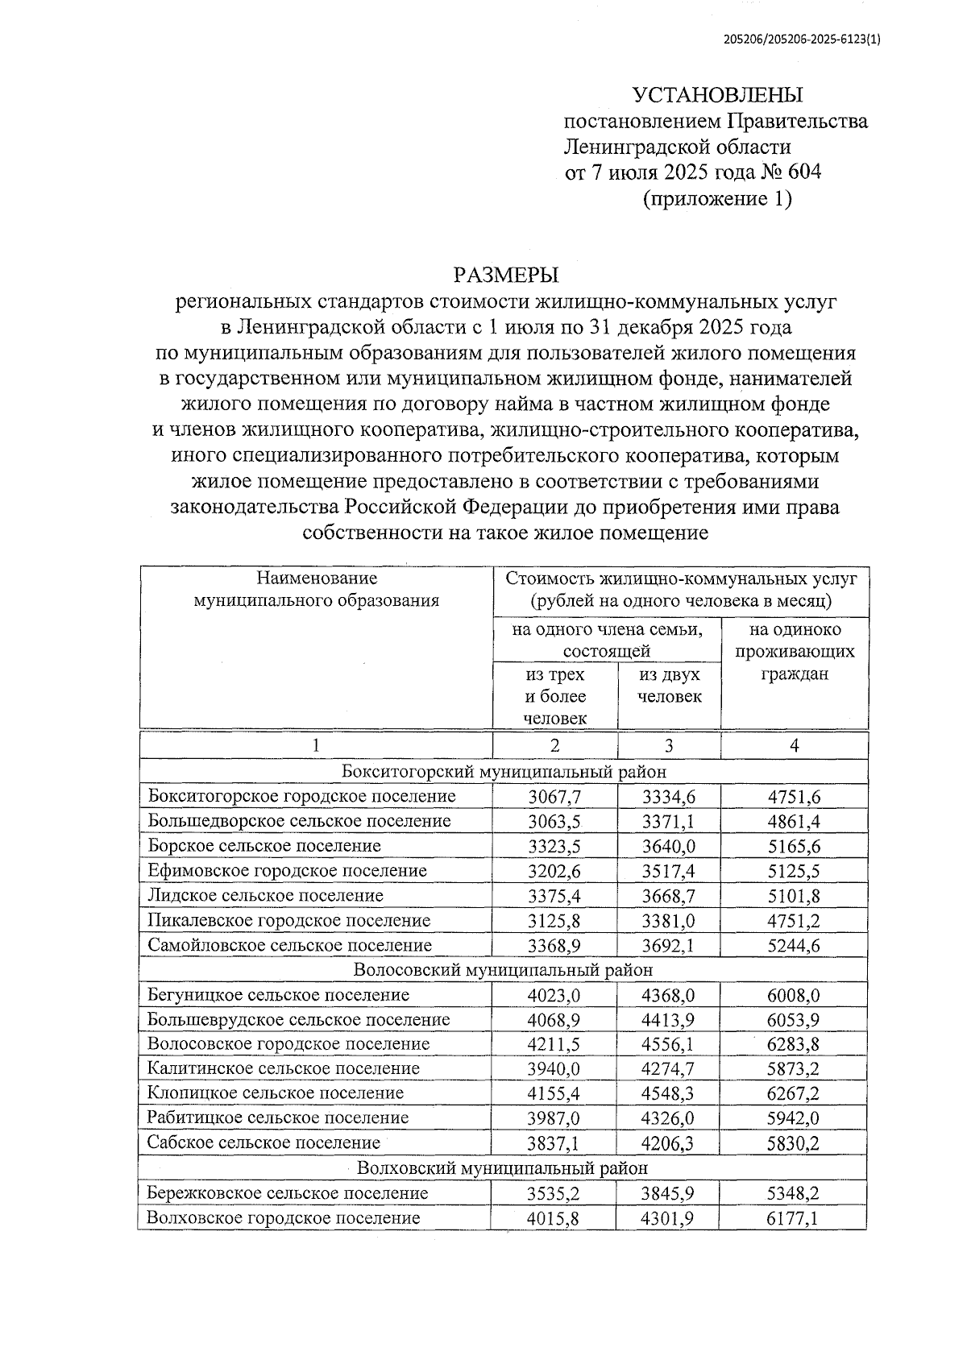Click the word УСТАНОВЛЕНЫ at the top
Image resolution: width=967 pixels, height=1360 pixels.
(717, 95)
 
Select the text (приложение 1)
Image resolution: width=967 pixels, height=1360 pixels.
(716, 197)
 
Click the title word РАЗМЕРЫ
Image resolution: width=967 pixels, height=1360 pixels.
(505, 276)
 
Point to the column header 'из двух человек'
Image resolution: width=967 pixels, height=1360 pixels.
(669, 685)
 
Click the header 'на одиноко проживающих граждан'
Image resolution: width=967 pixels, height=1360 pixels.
(794, 651)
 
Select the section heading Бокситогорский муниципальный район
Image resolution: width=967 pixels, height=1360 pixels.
(504, 771)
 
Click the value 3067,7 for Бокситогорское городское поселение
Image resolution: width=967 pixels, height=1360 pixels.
(554, 797)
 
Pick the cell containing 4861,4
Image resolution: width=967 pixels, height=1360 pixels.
(794, 821)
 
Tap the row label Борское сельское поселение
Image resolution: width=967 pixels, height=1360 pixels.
(264, 846)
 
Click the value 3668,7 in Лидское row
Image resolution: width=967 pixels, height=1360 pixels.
(668, 896)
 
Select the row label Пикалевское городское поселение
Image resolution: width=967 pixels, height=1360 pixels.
(289, 920)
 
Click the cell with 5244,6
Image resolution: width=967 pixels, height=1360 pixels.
(794, 945)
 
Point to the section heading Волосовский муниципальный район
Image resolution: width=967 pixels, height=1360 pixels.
(504, 969)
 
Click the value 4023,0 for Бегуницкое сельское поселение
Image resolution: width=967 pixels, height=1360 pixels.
(554, 995)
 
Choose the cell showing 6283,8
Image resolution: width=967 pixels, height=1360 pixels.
(794, 1044)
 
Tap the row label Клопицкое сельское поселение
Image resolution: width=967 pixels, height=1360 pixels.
(276, 1093)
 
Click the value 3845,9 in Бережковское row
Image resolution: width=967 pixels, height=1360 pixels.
(668, 1193)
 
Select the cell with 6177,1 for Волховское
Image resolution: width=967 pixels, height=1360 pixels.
(794, 1218)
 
